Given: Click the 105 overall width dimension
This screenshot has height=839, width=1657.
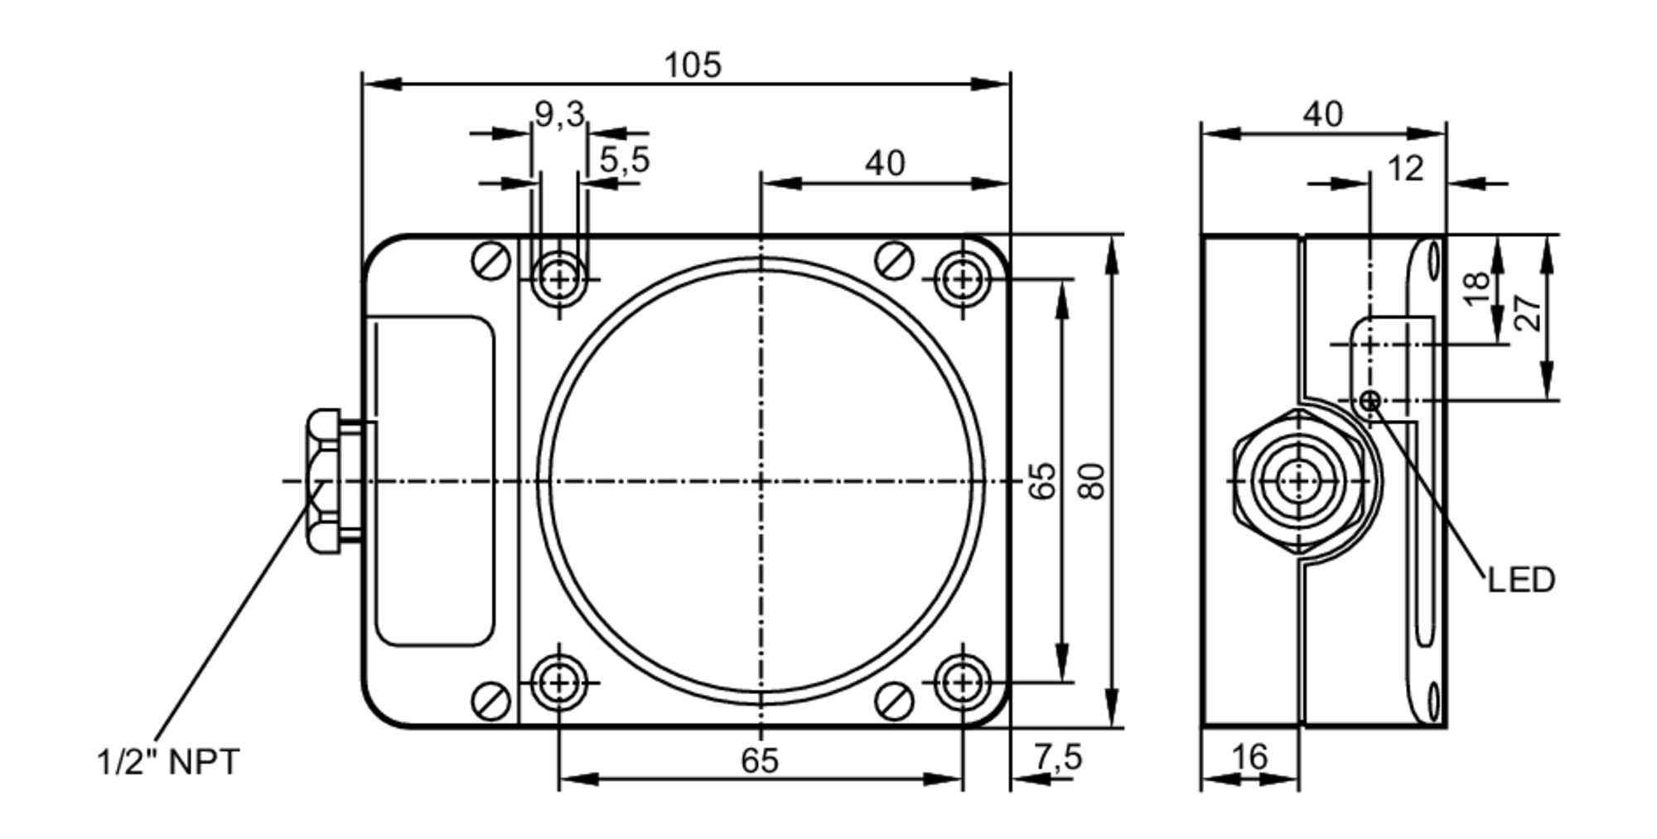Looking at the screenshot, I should (693, 65).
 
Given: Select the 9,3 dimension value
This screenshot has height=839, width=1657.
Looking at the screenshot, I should (559, 114).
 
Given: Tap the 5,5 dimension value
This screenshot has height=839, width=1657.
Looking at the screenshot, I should (625, 160).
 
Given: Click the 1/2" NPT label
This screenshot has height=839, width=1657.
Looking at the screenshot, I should (168, 762).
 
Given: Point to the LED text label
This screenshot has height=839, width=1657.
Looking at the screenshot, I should (1521, 581).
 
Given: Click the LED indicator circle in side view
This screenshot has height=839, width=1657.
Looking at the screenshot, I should (1370, 402).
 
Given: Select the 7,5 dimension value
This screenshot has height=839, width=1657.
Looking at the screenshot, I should (1058, 757).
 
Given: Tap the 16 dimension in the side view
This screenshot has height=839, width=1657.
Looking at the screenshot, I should (1249, 756).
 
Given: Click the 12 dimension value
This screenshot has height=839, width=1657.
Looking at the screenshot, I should (1405, 169).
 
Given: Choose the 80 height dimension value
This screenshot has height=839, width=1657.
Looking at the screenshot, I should (1093, 481).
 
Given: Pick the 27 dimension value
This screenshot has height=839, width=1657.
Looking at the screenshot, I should (1529, 313).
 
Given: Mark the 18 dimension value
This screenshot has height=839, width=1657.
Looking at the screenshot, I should (1476, 288).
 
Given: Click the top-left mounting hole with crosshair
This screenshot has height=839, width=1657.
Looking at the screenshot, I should (560, 280).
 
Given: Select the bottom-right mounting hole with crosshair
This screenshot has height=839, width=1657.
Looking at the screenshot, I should (962, 682).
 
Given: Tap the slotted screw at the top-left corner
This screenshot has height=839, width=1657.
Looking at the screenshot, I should (490, 261).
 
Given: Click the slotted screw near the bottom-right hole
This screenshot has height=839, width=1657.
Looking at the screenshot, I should (895, 701).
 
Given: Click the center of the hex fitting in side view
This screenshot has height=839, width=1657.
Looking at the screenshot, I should (1298, 481).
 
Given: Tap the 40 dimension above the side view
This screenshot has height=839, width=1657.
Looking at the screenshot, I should (1322, 114).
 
